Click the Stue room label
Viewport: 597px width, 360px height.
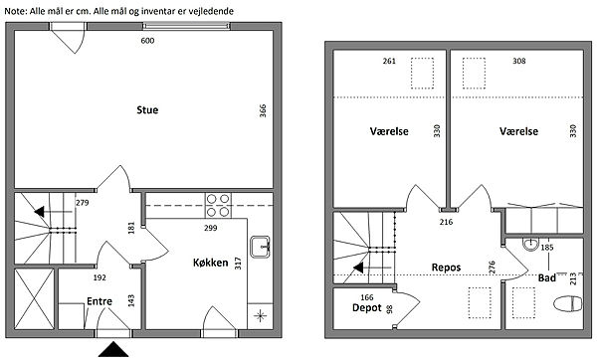147,110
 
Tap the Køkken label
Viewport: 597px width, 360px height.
210,263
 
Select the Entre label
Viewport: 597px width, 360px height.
99,301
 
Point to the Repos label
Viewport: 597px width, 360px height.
446,268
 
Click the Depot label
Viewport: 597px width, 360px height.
366,307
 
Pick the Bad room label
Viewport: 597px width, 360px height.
546,278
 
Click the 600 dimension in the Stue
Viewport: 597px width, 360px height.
147,41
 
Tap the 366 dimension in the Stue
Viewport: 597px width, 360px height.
263,110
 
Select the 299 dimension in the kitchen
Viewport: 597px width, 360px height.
211,228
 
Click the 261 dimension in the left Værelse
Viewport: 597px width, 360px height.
389,61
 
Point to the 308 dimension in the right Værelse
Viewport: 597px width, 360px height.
519,61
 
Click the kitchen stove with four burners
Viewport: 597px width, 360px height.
218,205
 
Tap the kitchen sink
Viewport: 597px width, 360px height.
261,247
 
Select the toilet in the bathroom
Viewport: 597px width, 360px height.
568,304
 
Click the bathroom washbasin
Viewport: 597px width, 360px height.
530,245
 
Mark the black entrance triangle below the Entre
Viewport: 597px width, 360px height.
113,349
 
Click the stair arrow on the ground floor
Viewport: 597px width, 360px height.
54,212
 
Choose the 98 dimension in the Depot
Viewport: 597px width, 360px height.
389,309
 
